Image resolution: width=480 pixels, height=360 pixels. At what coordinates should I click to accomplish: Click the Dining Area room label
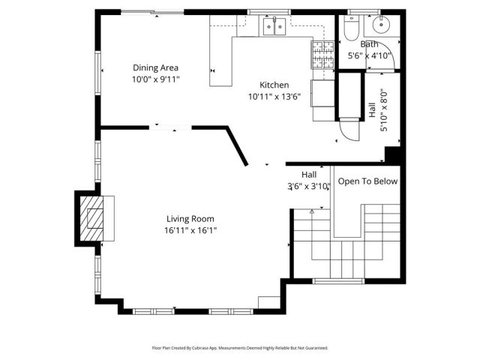pyautogui.click(x=156, y=67)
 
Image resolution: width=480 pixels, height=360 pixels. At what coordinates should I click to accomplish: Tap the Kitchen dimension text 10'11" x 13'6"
pyautogui.click(x=274, y=96)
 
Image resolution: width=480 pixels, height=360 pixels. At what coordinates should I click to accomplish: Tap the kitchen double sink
pyautogui.click(x=273, y=28)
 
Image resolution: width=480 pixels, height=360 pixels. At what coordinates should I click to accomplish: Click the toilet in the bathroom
pyautogui.click(x=351, y=28)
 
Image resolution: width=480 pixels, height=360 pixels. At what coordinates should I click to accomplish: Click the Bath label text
pyautogui.click(x=370, y=44)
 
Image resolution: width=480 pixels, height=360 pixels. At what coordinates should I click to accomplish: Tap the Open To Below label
pyautogui.click(x=367, y=181)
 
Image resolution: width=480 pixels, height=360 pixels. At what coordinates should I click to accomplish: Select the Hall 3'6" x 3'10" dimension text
pyautogui.click(x=308, y=186)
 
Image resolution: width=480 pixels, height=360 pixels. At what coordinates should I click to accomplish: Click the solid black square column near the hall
pyautogui.click(x=394, y=154)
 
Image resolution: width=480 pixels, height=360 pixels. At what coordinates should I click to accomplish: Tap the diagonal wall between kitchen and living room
pyautogui.click(x=238, y=147)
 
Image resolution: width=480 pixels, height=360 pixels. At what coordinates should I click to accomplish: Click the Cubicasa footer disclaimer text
pyautogui.click(x=240, y=348)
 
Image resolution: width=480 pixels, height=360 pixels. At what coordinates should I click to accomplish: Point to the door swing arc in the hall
pyautogui.click(x=346, y=133)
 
